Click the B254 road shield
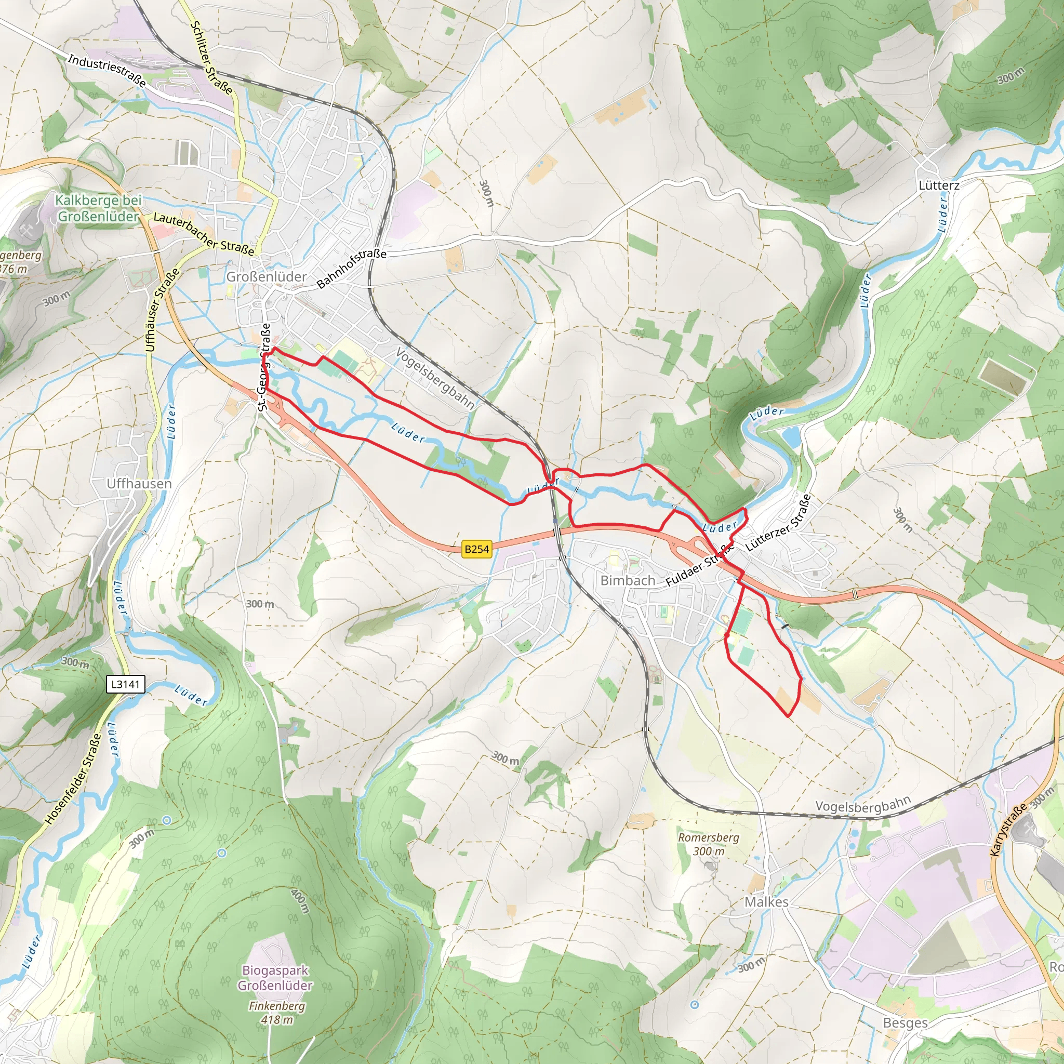pyautogui.click(x=476, y=549)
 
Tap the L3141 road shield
pyautogui.click(x=126, y=684)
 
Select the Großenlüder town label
pyautogui.click(x=266, y=276)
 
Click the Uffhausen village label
pyautogui.click(x=139, y=484)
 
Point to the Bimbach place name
pyautogui.click(x=627, y=580)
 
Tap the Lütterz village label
pyautogui.click(x=938, y=185)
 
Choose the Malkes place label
pyautogui.click(x=766, y=902)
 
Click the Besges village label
pyautogui.click(x=905, y=1023)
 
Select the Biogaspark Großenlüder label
pyautogui.click(x=275, y=978)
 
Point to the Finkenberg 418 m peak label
pyautogui.click(x=276, y=1012)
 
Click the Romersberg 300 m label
pyautogui.click(x=708, y=844)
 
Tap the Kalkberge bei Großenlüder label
pyautogui.click(x=98, y=208)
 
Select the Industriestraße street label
pyautogui.click(x=107, y=71)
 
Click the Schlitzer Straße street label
pyautogui.click(x=211, y=57)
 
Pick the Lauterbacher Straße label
pyautogui.click(x=203, y=233)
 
